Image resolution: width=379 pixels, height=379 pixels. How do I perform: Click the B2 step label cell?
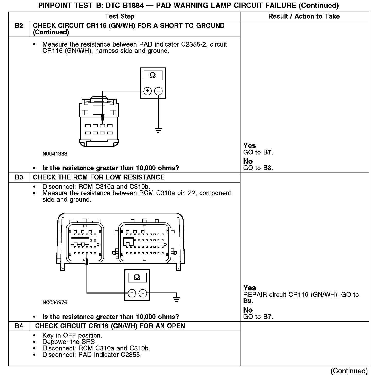pyautogui.click(x=19, y=26)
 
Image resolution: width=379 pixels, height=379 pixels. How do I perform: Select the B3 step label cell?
pyautogui.click(x=19, y=177)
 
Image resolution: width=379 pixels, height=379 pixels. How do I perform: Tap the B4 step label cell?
pyautogui.click(x=19, y=326)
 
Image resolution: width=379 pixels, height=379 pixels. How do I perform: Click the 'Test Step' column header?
pyautogui.click(x=120, y=16)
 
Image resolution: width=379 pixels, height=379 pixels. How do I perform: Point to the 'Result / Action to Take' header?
pyautogui.click(x=304, y=16)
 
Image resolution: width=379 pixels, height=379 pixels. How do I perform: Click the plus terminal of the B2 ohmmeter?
pyautogui.click(x=148, y=91)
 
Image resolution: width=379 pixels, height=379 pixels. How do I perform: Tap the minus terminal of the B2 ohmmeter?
pyautogui.click(x=158, y=91)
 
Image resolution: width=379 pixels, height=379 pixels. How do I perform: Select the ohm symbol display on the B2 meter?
pyautogui.click(x=153, y=75)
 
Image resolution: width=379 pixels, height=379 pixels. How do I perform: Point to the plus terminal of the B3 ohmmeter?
pyautogui.click(x=132, y=293)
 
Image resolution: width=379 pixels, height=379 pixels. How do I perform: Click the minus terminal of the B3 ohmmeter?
pyautogui.click(x=143, y=293)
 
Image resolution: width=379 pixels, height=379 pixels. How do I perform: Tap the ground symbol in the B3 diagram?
pyautogui.click(x=176, y=299)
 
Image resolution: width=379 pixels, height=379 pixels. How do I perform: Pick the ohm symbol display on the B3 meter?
pyautogui.click(x=137, y=277)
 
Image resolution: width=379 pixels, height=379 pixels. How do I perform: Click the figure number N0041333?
pyautogui.click(x=55, y=154)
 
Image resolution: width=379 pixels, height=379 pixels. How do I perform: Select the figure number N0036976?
pyautogui.click(x=55, y=303)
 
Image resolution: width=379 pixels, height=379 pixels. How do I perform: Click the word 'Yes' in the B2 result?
pyautogui.click(x=249, y=145)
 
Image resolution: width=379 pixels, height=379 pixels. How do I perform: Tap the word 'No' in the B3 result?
pyautogui.click(x=248, y=310)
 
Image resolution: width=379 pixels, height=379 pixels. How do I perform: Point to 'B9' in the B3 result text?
pyautogui.click(x=248, y=301)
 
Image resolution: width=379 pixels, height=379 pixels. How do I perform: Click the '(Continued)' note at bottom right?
pyautogui.click(x=349, y=371)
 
